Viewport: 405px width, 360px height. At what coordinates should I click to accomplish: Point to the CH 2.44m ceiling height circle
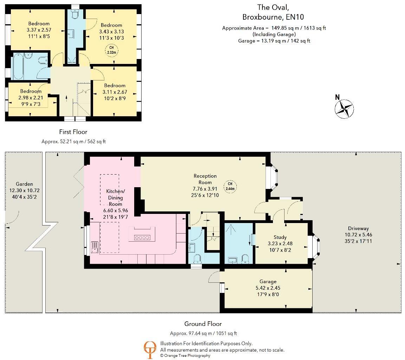tap(230, 186)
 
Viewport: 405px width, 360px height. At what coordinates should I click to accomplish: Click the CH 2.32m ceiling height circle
tap(111, 50)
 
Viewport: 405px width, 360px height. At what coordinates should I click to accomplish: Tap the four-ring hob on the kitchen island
tap(142, 238)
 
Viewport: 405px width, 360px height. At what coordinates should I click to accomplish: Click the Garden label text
tap(24, 184)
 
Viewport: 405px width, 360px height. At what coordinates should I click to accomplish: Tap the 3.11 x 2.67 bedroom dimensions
tap(115, 92)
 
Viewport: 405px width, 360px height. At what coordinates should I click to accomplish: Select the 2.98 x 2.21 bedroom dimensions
tap(31, 97)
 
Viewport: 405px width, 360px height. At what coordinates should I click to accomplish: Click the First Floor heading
tap(73, 132)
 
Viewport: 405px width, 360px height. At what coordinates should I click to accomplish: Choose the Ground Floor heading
tap(203, 324)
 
